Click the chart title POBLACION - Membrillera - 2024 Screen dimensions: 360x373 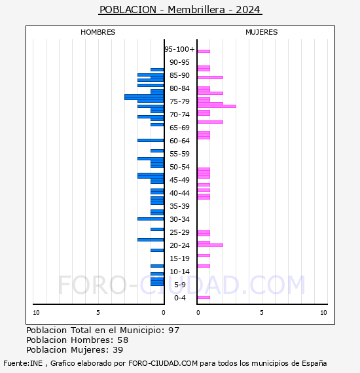pyautogui.click(x=180, y=10)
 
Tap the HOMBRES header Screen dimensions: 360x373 pyautogui.click(x=98, y=32)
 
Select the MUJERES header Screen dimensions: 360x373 pyautogui.click(x=262, y=32)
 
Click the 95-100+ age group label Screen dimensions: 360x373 pyautogui.click(x=179, y=49)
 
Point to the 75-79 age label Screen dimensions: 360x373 pyautogui.click(x=179, y=101)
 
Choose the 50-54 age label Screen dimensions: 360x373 pyautogui.click(x=179, y=167)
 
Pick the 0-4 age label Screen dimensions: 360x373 pyautogui.click(x=180, y=298)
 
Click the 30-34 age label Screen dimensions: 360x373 pyautogui.click(x=179, y=219)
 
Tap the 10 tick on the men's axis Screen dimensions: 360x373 pyautogui.click(x=36, y=313)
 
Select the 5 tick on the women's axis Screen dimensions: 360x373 pyautogui.click(x=262, y=313)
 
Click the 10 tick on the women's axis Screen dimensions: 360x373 pyautogui.click(x=323, y=313)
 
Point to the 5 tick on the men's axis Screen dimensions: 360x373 pyautogui.click(x=98, y=313)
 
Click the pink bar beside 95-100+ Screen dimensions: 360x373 pyautogui.click(x=204, y=52)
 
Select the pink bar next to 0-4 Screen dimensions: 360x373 pyautogui.click(x=204, y=297)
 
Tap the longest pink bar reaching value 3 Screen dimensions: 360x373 pyautogui.click(x=217, y=106)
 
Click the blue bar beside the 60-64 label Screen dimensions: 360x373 pyautogui.click(x=151, y=140)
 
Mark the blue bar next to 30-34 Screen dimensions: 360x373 pyautogui.click(x=151, y=219)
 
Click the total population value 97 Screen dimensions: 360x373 pyautogui.click(x=173, y=330)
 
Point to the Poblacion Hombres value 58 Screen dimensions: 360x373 pyautogui.click(x=123, y=340)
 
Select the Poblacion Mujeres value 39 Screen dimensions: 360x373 pyautogui.click(x=118, y=349)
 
